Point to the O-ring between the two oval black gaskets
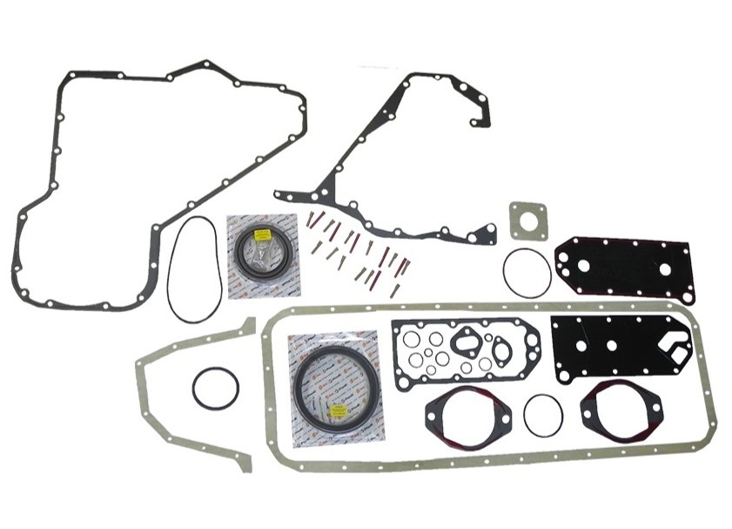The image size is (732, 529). [543, 416]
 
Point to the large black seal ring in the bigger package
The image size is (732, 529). [336, 384]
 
